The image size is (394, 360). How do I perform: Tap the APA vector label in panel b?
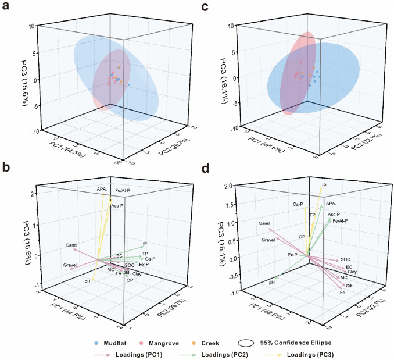point(102,189)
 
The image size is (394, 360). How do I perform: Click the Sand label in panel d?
point(264,223)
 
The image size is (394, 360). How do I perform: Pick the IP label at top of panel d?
point(324,186)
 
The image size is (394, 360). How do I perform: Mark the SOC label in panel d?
point(345,259)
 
